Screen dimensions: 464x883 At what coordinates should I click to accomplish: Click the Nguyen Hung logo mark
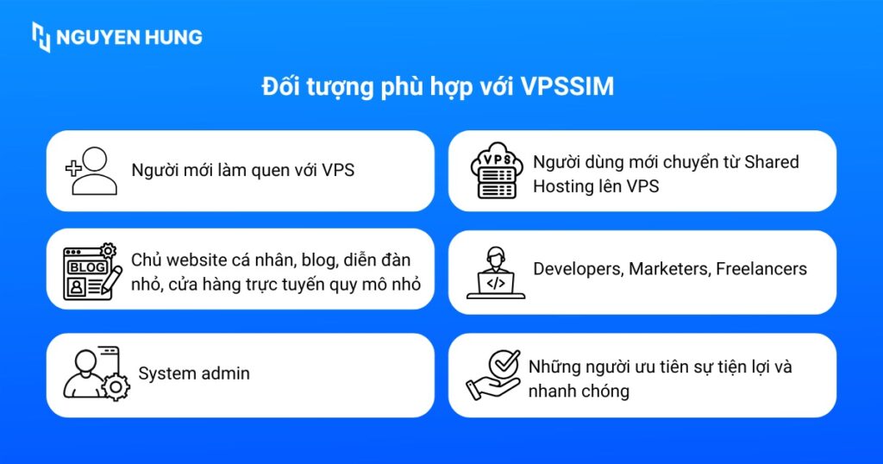41,37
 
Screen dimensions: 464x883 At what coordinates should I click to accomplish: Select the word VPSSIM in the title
567,87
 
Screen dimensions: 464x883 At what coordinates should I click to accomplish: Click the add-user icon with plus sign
91,170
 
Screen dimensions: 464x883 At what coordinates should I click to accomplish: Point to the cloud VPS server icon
495,171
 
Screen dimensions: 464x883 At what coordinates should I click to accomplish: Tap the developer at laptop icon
495,273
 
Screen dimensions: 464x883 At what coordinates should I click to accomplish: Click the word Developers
578,268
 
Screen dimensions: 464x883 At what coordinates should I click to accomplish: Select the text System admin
194,373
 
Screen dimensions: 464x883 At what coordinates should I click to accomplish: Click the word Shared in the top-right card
772,161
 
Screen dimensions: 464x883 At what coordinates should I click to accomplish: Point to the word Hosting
563,185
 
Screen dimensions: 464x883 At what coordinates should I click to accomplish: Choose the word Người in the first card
153,170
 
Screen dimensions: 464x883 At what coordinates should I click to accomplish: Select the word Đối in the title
280,87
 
